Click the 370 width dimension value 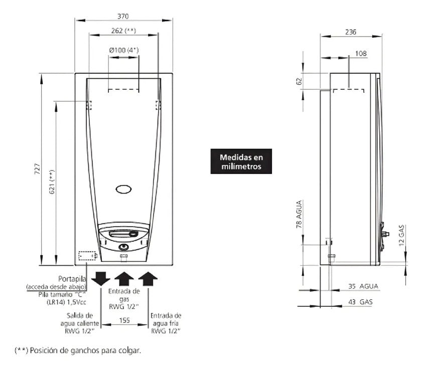click(x=123, y=17)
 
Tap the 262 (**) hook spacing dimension click(x=124, y=31)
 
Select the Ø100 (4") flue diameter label click(x=124, y=50)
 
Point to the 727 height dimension click(x=37, y=169)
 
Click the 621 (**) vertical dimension click(x=52, y=181)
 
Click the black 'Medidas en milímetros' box click(x=241, y=161)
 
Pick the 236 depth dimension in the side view click(x=351, y=32)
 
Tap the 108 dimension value click(x=361, y=54)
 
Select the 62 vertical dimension click(x=299, y=81)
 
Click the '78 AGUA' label click(x=299, y=214)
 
